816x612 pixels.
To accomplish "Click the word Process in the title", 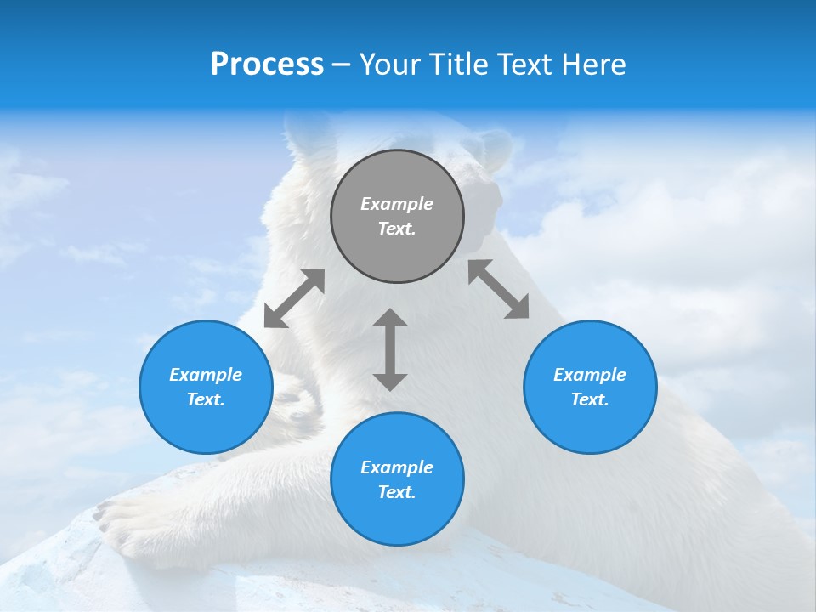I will tap(267, 65).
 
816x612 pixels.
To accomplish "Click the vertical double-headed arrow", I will tap(390, 349).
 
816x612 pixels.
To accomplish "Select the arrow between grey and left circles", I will tap(294, 298).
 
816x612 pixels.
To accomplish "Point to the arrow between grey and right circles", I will tap(498, 289).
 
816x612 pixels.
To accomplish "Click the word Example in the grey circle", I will tap(397, 204).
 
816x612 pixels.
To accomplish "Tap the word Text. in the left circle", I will tap(206, 399).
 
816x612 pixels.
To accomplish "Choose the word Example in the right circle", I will tap(590, 375).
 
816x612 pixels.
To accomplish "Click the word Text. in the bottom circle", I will tap(397, 492).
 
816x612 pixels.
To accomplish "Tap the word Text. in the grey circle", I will tap(397, 229).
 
